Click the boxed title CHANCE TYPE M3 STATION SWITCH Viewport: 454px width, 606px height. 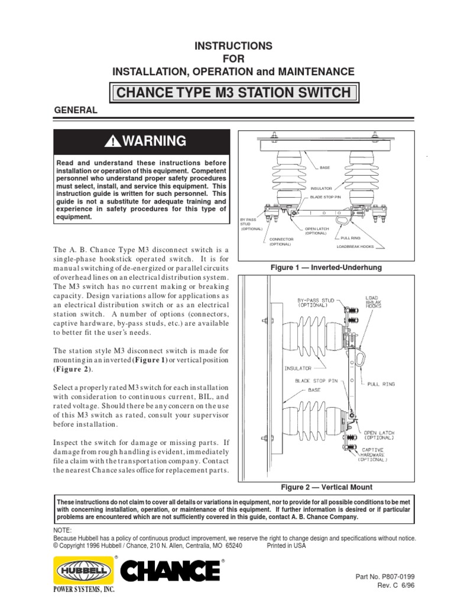[234, 93]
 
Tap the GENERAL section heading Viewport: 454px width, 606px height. [76, 111]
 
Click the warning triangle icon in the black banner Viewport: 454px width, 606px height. [112, 141]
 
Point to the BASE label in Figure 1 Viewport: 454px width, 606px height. [326, 167]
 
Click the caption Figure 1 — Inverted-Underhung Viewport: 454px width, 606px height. [326, 267]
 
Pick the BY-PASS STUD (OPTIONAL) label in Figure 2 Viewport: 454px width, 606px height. [314, 304]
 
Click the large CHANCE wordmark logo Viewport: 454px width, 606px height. [170, 572]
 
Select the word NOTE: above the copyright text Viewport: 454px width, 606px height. [63, 530]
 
